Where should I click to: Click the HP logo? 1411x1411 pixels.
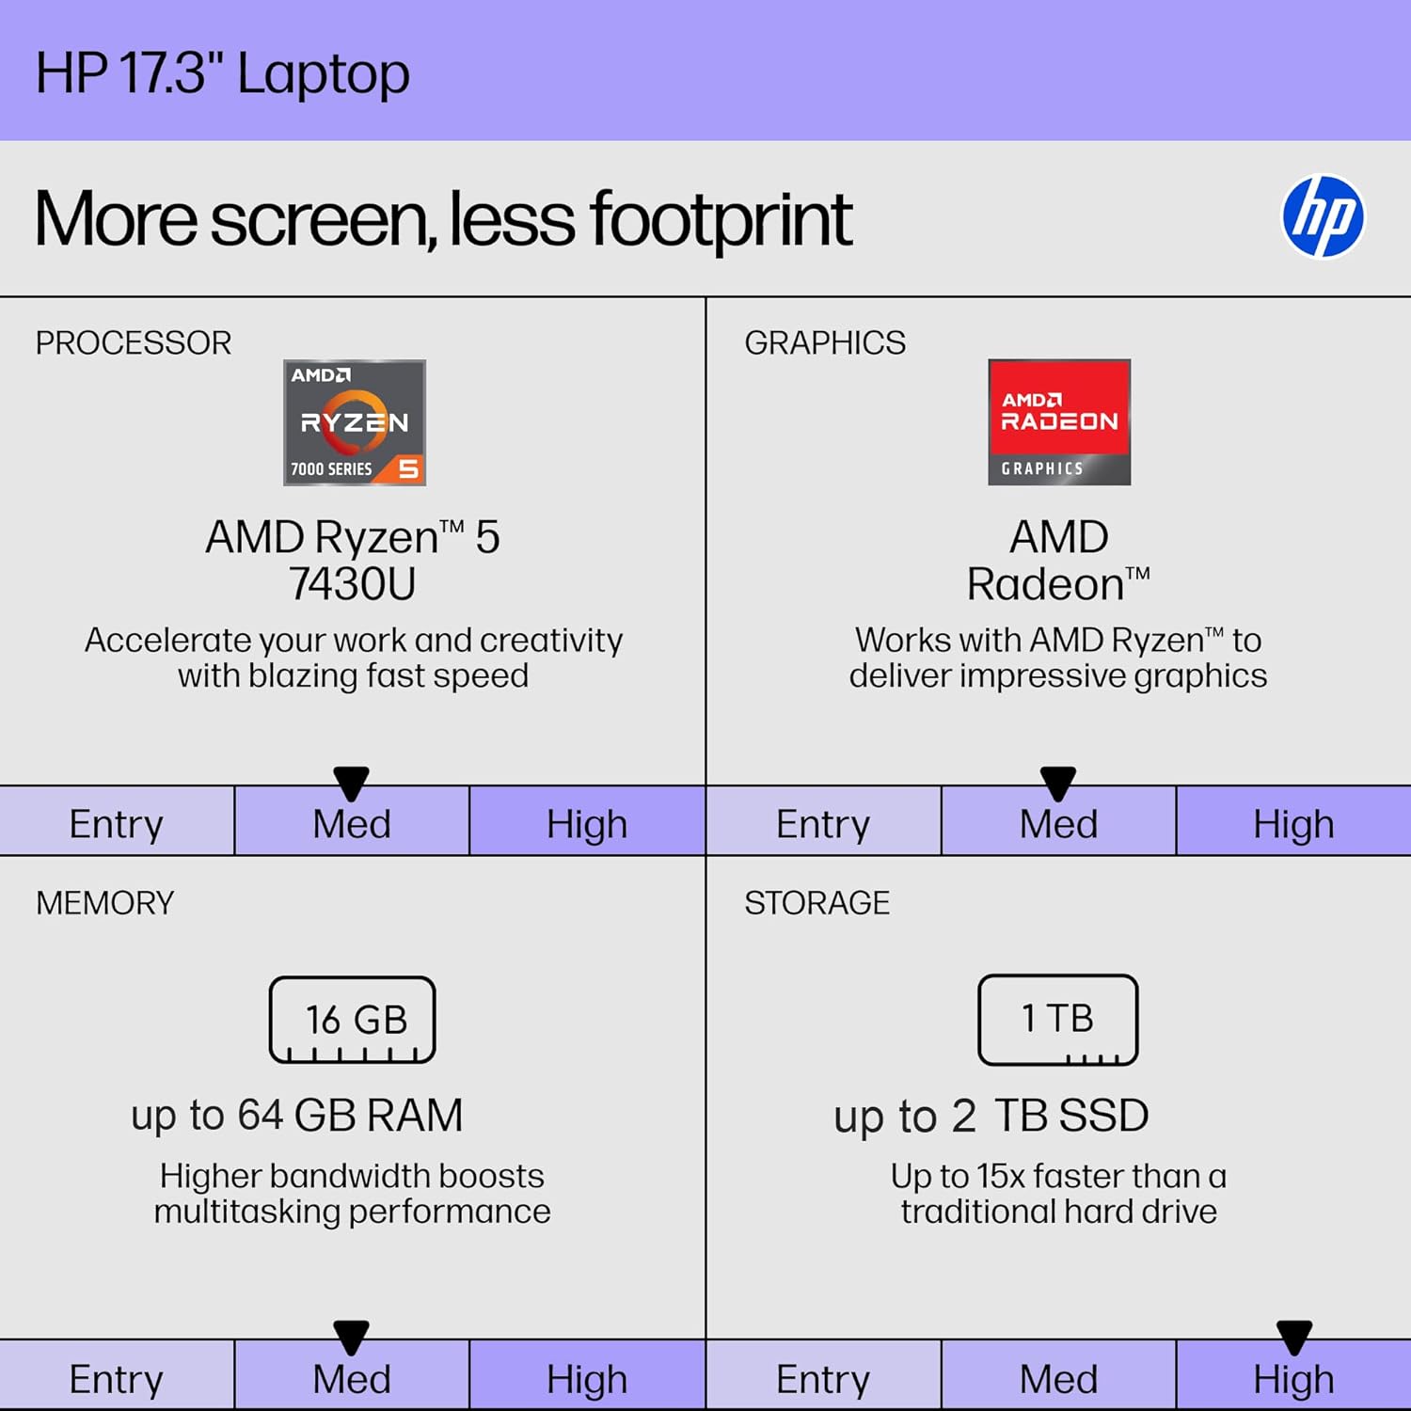coord(1323,216)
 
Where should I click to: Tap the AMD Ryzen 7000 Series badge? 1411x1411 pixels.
coord(355,422)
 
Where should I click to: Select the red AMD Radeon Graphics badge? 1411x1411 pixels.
coord(1059,422)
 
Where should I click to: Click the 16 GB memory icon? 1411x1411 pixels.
coord(353,1020)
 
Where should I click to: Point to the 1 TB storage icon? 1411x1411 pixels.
coord(1058,1020)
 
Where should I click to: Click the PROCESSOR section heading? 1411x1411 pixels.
coord(134,343)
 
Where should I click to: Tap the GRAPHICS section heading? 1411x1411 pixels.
coord(825,343)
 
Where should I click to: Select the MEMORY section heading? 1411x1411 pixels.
coord(105,903)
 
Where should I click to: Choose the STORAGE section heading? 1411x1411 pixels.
coord(816,903)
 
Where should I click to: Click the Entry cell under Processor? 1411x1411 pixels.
coord(117,823)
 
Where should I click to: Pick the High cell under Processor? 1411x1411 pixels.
coord(587,823)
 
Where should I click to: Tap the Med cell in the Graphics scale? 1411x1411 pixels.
coord(1058,823)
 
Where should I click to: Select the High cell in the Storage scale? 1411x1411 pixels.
coord(1293,1379)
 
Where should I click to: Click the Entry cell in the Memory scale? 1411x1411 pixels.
coord(117,1379)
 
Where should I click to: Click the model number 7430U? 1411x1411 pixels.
coord(353,584)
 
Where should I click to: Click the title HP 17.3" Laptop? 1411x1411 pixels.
coord(223,73)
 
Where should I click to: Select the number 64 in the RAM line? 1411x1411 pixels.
coord(260,1116)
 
